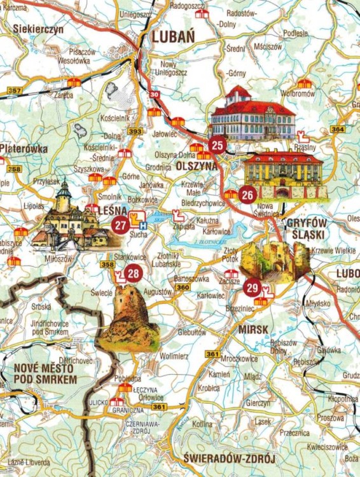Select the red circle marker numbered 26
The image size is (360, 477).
pos(248,195)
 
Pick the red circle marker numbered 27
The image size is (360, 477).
pos(120,225)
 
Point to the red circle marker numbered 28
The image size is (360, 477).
pos(132,273)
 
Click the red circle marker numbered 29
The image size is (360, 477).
pos(251,287)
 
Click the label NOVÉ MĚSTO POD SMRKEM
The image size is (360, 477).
pos(45,373)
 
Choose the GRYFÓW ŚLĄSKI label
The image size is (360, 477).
pos(307,229)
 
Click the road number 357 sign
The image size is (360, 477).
pos(14,91)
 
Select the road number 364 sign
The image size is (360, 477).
pos(338,129)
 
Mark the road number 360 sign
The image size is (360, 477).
pos(183,287)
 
